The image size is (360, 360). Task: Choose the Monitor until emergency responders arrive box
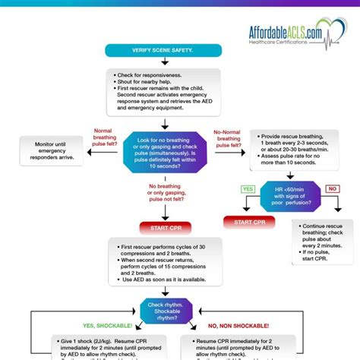(49, 150)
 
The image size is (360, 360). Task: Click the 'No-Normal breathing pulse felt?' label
(229, 139)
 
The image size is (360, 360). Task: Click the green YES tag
(248, 189)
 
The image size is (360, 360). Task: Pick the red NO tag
(332, 189)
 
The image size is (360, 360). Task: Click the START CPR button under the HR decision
(250, 222)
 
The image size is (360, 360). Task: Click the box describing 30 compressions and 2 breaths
(163, 261)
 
